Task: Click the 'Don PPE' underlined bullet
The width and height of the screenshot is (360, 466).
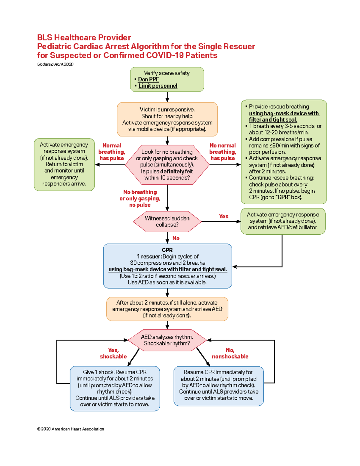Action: coord(148,79)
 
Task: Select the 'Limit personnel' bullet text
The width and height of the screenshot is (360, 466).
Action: coord(157,86)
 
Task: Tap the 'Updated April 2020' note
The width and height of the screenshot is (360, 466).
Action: coord(55,64)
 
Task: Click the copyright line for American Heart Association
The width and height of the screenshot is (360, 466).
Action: coord(70,429)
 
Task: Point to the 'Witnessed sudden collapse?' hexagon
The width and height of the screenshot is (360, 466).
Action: coord(167,221)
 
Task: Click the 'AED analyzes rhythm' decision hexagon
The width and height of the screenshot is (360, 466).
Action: coord(167,340)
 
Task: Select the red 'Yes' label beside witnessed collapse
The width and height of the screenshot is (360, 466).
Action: coord(223,216)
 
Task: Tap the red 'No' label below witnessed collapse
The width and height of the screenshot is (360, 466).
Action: coord(176,238)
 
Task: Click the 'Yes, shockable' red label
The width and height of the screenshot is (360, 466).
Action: coord(113,353)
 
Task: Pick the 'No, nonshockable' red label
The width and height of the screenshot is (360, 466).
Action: coord(230,353)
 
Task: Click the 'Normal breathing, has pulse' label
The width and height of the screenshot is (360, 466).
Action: coord(112,152)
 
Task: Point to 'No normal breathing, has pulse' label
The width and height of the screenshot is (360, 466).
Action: coord(223,152)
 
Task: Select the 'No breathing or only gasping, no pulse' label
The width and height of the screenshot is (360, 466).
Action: coord(140,198)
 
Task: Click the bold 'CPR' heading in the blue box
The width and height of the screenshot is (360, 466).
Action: coord(167,250)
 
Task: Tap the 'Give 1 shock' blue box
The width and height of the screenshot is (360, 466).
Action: coord(115,388)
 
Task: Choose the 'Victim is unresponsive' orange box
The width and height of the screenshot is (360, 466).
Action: coord(167,119)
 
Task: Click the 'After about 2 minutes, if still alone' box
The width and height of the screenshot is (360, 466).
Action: coord(167,309)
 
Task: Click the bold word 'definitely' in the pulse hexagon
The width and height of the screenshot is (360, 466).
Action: coord(172,171)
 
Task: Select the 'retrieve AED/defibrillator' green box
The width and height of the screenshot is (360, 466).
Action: coord(283,221)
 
